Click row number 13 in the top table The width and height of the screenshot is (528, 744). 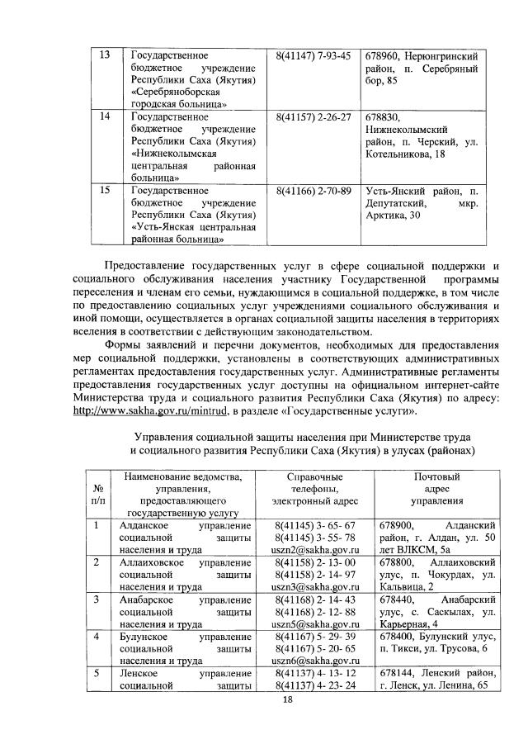[x=105, y=55]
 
